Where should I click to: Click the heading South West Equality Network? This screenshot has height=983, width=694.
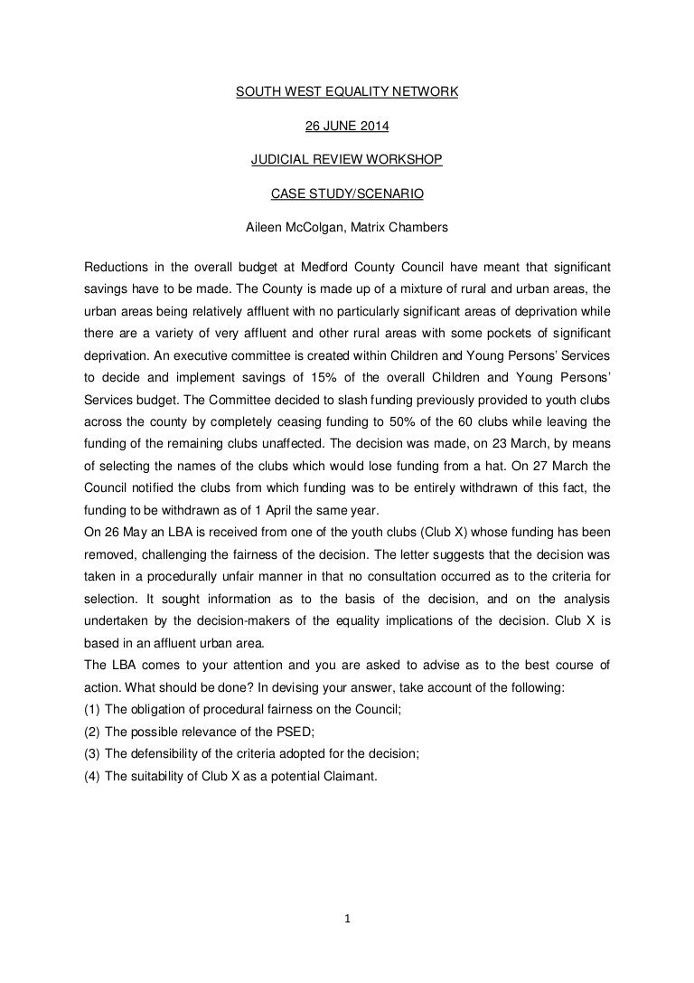coord(347,91)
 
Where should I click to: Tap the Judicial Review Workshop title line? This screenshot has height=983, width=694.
coord(347,160)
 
